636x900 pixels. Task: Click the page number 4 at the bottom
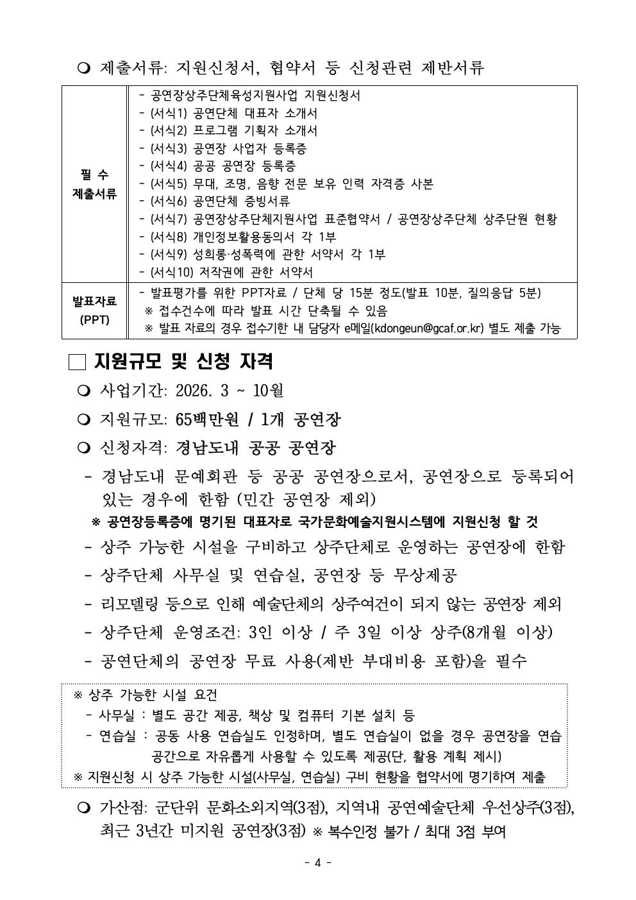click(x=317, y=863)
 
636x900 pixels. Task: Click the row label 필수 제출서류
click(x=94, y=185)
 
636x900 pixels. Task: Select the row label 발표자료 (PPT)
click(x=94, y=310)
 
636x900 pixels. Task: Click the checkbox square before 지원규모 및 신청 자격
click(x=76, y=362)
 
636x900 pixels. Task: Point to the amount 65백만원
click(x=206, y=420)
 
